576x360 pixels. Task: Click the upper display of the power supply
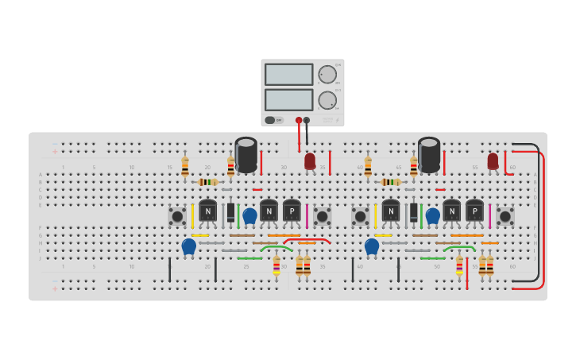(x=289, y=75)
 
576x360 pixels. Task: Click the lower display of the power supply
(x=289, y=99)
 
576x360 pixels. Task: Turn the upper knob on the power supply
(x=327, y=75)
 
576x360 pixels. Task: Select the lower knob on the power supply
(x=327, y=100)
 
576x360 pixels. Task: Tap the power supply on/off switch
(x=270, y=120)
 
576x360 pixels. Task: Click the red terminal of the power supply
(x=299, y=121)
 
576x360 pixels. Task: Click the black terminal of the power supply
(x=307, y=121)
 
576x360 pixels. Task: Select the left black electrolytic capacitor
(x=246, y=154)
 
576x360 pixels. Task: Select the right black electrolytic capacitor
(x=429, y=154)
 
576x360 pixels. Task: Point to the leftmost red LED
(x=310, y=161)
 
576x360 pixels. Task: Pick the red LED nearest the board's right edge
(x=493, y=161)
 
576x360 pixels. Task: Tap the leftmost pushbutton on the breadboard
(x=177, y=215)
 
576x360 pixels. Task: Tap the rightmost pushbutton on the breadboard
(x=505, y=215)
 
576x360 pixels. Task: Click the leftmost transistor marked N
(x=208, y=211)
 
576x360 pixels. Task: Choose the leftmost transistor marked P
(x=292, y=211)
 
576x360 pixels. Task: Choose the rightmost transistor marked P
(x=474, y=211)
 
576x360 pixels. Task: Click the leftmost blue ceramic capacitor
(x=188, y=246)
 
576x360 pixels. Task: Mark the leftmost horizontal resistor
(x=208, y=182)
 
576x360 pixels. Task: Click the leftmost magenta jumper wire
(x=307, y=215)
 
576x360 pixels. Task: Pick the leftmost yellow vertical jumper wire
(x=192, y=215)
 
